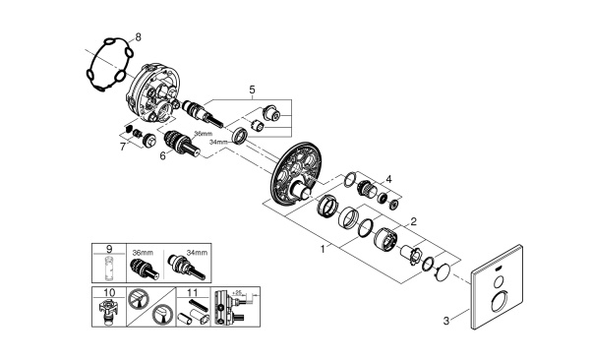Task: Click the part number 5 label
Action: click(252, 90)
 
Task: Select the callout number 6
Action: click(162, 154)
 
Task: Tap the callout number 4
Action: click(389, 179)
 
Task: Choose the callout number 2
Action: click(414, 221)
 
